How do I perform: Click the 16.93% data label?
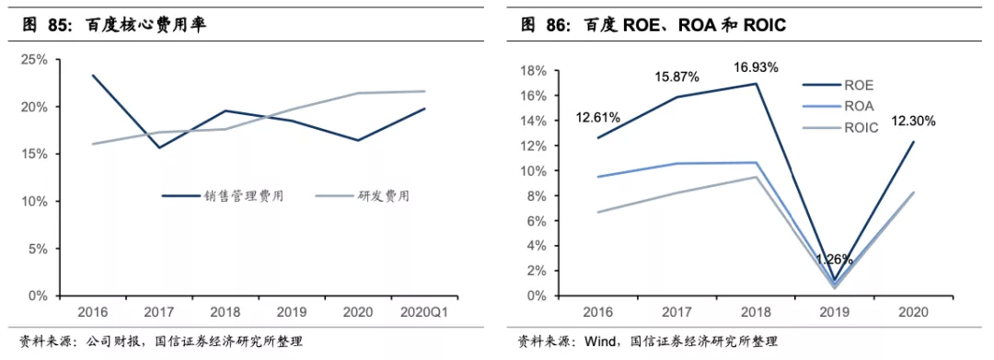click(x=756, y=67)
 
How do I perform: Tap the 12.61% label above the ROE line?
click(x=598, y=117)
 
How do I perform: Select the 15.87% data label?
click(x=677, y=77)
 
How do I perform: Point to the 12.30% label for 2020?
click(x=914, y=122)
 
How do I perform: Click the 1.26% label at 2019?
click(x=834, y=260)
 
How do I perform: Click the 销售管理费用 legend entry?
click(x=222, y=196)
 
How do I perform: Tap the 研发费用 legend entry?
click(x=362, y=196)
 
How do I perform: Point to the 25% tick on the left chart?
click(x=34, y=60)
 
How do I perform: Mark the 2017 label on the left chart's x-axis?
click(x=159, y=312)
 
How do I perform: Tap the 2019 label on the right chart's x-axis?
click(x=834, y=312)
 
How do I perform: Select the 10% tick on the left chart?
click(x=34, y=202)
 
